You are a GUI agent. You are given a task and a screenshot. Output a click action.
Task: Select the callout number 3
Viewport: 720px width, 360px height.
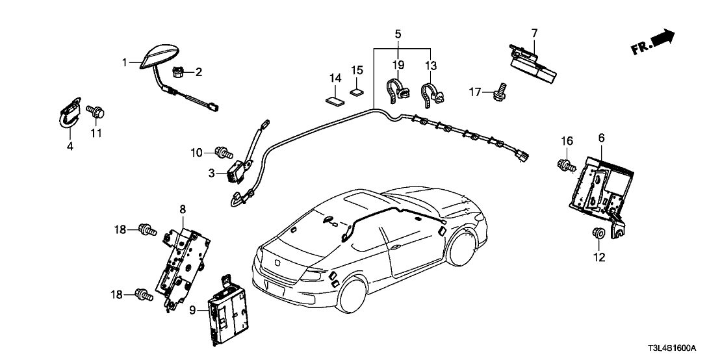pos(211,173)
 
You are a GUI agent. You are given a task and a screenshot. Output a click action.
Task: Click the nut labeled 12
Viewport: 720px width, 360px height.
pos(598,234)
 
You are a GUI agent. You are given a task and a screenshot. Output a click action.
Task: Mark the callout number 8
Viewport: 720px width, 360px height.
pos(183,209)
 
